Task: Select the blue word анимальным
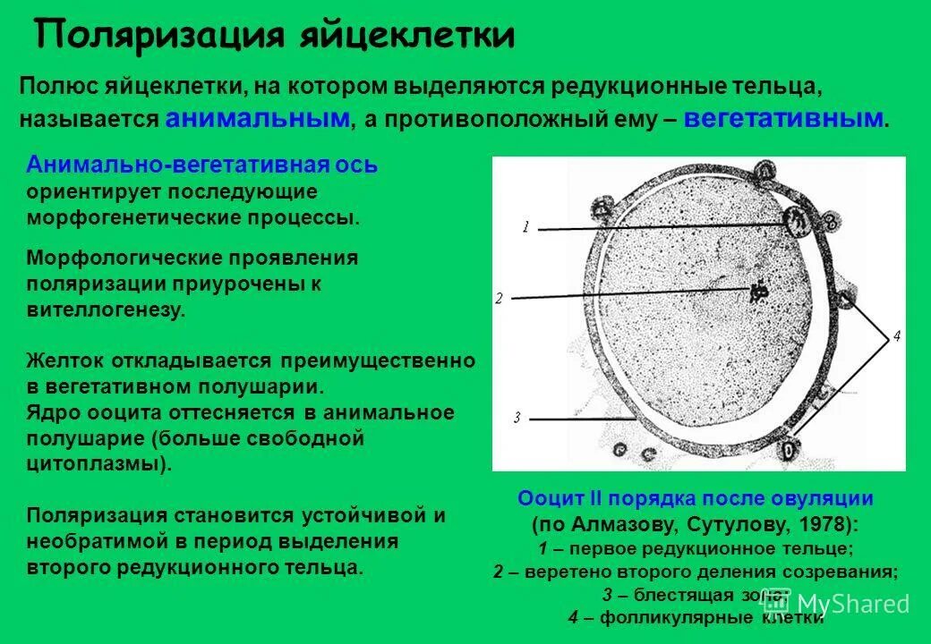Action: click(258, 119)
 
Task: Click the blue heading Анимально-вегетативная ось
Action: click(202, 165)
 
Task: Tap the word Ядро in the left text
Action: click(52, 412)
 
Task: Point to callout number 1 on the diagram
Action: click(526, 227)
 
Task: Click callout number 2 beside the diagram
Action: click(499, 298)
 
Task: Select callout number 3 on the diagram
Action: click(517, 417)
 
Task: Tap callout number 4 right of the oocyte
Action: click(895, 336)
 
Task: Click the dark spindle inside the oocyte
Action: click(759, 291)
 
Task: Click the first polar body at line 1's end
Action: click(795, 218)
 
